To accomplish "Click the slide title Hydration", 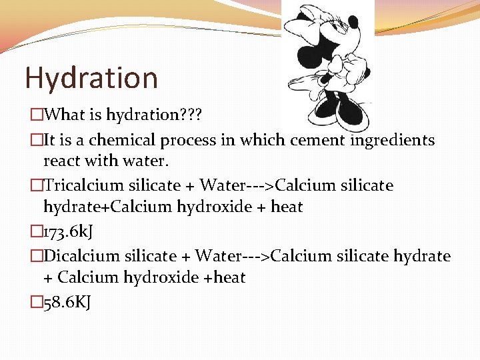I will point(91,78).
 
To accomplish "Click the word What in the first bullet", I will point(64,115).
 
